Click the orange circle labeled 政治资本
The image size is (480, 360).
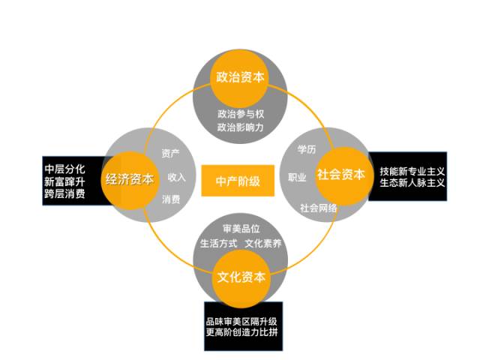click(x=240, y=78)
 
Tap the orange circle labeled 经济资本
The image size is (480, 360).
click(x=130, y=180)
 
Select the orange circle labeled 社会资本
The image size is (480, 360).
click(x=344, y=175)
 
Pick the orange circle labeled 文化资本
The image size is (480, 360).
click(x=241, y=278)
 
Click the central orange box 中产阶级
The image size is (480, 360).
click(x=238, y=181)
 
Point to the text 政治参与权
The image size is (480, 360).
click(x=241, y=114)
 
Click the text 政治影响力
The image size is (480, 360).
click(x=241, y=127)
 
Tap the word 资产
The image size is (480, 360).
click(x=171, y=153)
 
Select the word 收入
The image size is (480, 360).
click(x=177, y=177)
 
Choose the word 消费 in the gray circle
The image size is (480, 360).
click(x=171, y=199)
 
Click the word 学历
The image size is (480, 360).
click(x=307, y=149)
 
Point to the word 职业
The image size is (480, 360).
click(x=297, y=177)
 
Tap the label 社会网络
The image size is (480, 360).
click(x=318, y=208)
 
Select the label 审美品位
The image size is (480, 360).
click(x=241, y=228)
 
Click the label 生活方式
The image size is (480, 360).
click(x=218, y=243)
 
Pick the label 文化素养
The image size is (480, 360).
click(x=263, y=243)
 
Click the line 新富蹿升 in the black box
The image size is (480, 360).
click(x=64, y=181)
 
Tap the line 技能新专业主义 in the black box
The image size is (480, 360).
click(x=412, y=171)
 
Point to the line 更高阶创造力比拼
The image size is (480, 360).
click(x=241, y=331)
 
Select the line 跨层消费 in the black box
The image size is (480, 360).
click(x=64, y=193)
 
